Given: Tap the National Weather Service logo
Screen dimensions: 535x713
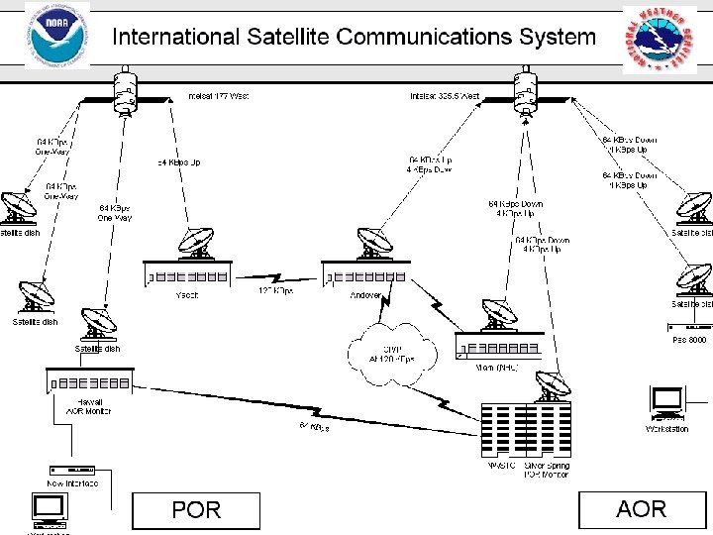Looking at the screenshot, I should tap(659, 40).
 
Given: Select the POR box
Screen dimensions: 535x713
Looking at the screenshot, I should tap(196, 510).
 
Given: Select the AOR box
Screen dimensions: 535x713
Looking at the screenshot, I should tap(641, 509).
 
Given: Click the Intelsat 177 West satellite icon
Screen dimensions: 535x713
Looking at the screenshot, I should tap(125, 92).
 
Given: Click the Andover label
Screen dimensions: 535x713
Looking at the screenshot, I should tap(366, 294).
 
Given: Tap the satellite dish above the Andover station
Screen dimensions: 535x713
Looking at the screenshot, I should tap(373, 243).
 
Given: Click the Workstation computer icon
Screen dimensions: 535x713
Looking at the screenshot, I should tap(667, 402).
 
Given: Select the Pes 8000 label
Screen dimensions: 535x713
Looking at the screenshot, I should tap(689, 339).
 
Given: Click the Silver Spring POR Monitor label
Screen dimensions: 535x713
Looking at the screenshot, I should tap(547, 471).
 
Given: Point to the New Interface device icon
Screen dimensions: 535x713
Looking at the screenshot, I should tap(73, 469).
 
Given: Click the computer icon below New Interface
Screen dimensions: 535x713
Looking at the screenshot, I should tap(49, 510).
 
